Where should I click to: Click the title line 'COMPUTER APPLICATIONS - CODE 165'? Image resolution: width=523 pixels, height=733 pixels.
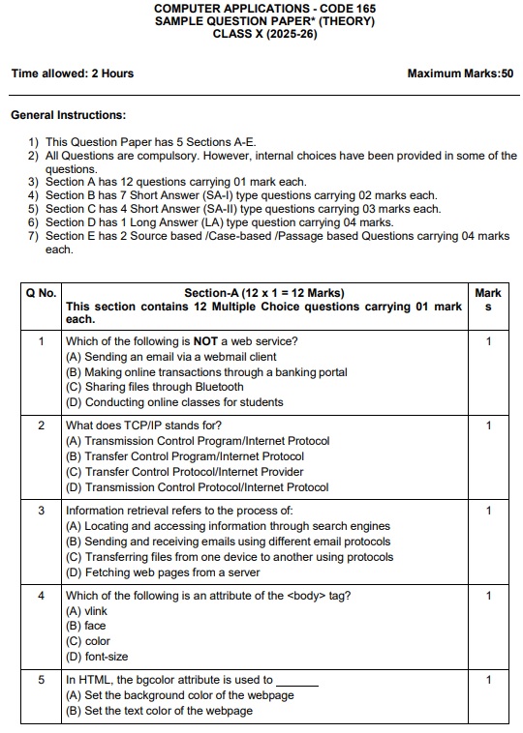coord(265,8)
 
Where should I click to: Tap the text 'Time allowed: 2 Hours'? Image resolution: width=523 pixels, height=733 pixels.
coord(73,73)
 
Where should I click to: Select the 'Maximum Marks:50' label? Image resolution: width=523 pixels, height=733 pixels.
coord(460,73)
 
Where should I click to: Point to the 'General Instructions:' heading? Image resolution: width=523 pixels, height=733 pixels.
coord(68,115)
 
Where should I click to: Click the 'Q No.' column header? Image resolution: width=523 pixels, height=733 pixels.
coord(41,293)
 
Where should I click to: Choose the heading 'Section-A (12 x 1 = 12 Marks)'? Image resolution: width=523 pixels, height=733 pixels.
coord(263,293)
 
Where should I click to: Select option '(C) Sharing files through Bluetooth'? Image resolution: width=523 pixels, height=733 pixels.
coord(155,387)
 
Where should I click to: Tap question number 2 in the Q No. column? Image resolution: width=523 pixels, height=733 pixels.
coord(41,425)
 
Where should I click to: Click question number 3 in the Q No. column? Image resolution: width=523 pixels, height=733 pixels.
coord(41,511)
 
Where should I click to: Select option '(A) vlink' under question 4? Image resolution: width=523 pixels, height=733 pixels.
coord(86,611)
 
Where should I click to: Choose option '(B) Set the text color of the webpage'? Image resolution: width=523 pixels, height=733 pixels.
coord(159,711)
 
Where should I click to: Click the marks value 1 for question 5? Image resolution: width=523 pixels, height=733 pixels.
coord(489,681)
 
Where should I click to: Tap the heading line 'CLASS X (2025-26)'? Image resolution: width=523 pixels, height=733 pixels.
coord(265,34)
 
